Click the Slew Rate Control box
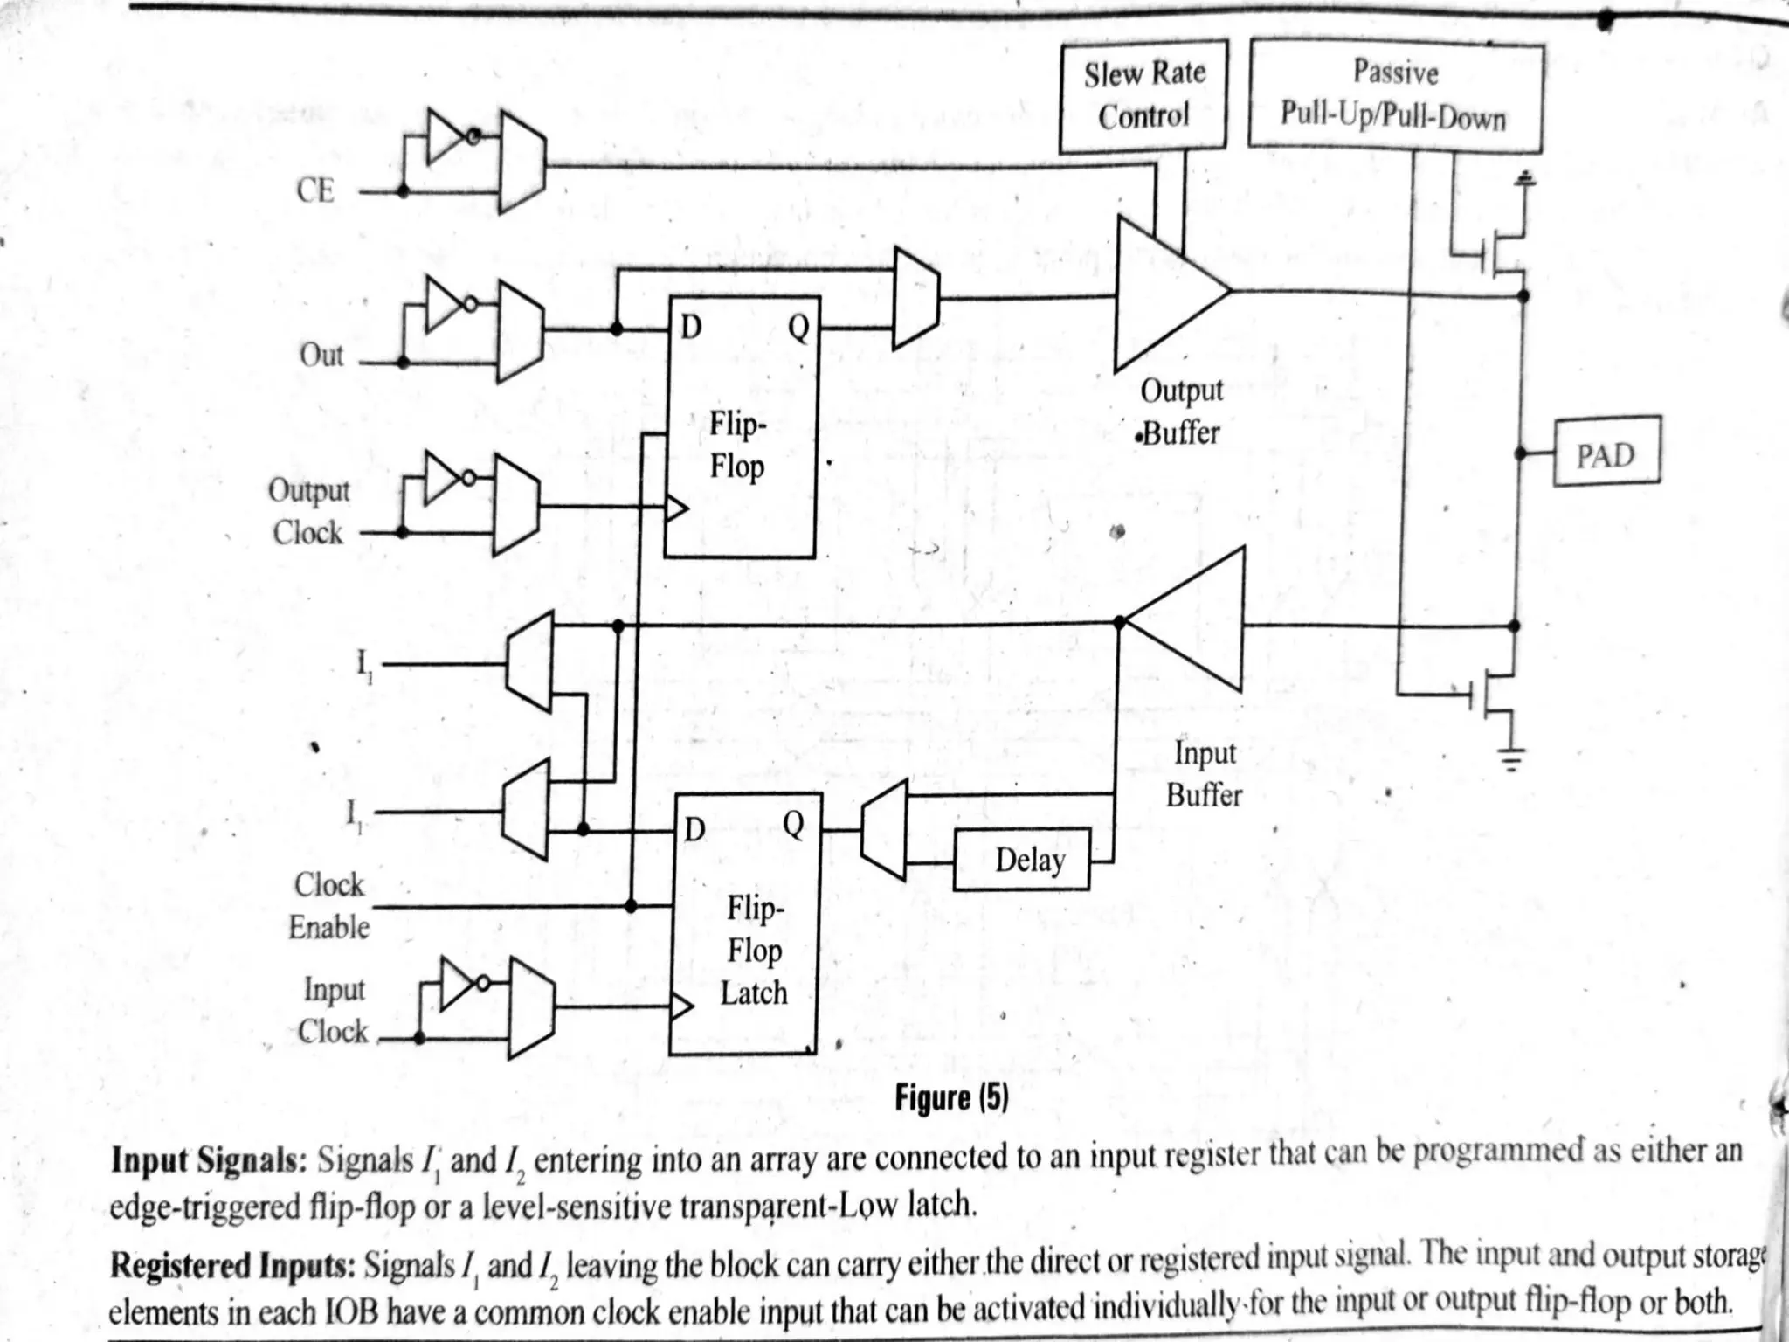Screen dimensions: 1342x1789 1143,95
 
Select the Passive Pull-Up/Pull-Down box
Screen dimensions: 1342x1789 1395,95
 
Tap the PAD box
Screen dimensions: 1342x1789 1606,452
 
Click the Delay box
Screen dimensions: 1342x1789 1021,859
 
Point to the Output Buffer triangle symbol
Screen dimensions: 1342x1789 1166,293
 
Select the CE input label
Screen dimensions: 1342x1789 315,190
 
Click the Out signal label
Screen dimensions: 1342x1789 321,356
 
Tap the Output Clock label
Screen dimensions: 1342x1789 308,511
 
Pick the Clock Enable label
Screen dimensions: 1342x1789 329,905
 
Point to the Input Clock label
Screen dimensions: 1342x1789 333,1010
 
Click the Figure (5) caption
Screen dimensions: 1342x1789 951,1097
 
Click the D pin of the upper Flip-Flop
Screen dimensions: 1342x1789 691,328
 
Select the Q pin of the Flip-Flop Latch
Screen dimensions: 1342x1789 793,824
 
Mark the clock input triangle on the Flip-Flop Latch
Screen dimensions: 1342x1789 680,1007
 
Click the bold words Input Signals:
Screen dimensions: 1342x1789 208,1161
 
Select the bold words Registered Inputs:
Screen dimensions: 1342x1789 232,1264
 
